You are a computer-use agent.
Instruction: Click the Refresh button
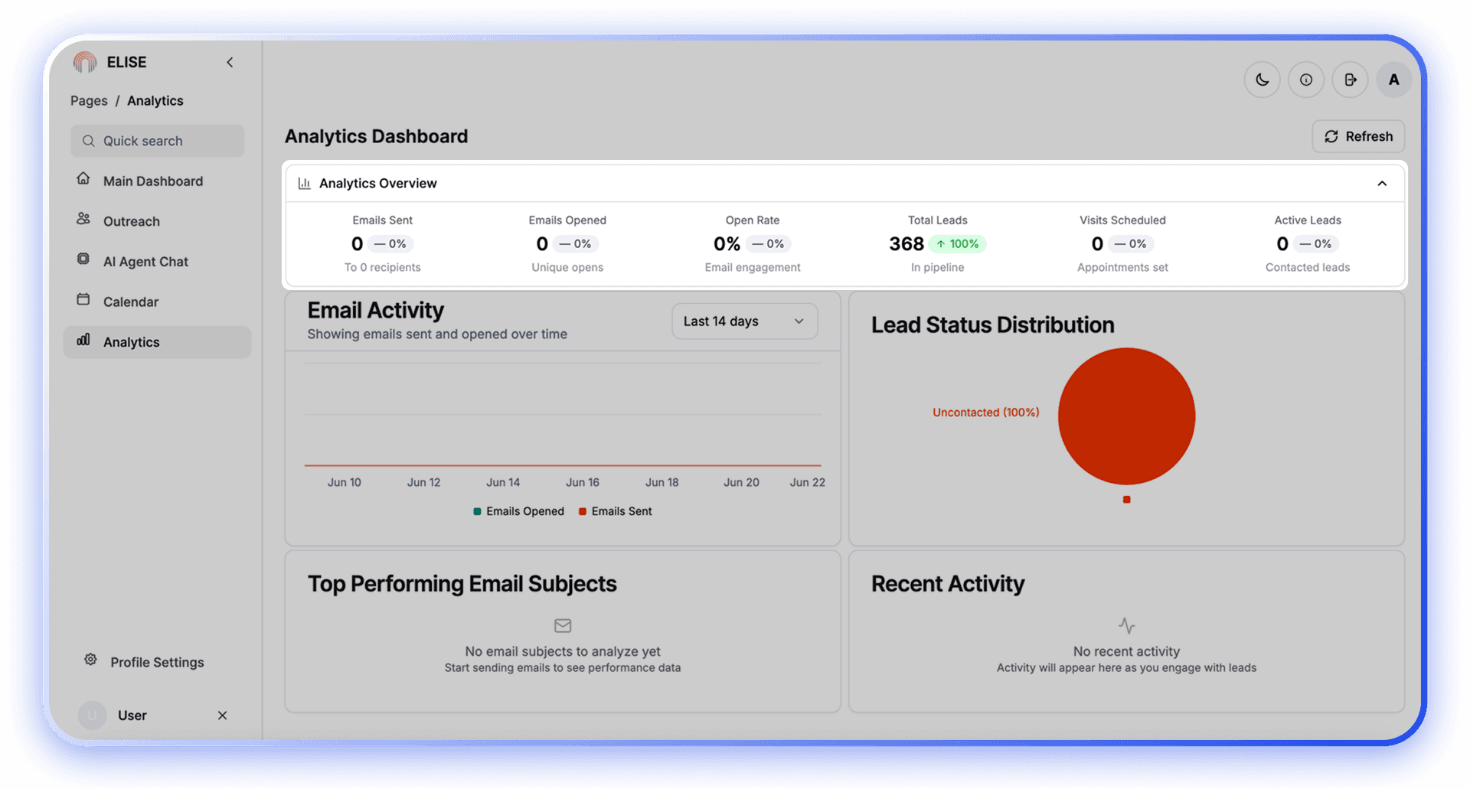[1358, 136]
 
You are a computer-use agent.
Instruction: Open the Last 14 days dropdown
[744, 321]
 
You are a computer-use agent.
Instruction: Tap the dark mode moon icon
[1262, 80]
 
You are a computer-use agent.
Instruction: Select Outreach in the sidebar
[131, 221]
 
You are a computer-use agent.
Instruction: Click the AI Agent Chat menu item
[145, 262]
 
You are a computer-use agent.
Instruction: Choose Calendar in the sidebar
[130, 302]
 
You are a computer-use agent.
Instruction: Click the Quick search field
[158, 141]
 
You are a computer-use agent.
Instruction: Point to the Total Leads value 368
[906, 244]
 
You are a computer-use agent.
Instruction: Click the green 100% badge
[957, 244]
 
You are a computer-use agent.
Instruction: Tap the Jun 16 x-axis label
[583, 482]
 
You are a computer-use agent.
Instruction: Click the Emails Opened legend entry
[519, 511]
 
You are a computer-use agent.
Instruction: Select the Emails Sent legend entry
[616, 511]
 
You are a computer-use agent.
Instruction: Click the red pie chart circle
[1126, 416]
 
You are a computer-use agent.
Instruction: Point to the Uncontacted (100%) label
[985, 412]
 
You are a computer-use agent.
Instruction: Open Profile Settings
[156, 662]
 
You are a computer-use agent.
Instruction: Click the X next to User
[222, 716]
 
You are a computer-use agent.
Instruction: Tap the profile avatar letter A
[1393, 80]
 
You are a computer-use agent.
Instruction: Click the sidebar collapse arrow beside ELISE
[230, 63]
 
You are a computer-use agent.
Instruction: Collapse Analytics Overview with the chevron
[1382, 184]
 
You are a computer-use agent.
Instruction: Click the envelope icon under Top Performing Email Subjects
[563, 626]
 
